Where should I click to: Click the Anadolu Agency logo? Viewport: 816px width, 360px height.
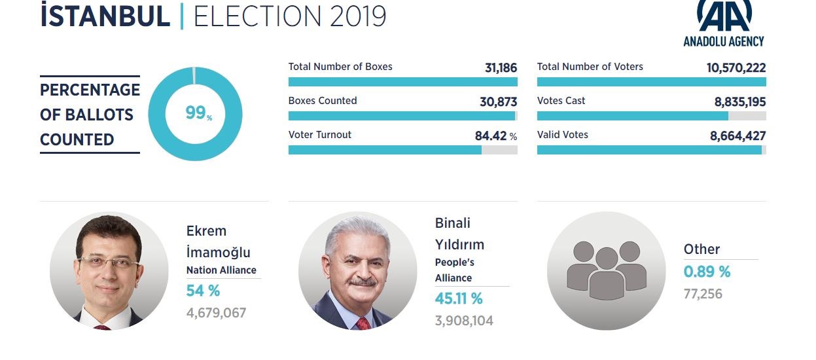tap(724, 23)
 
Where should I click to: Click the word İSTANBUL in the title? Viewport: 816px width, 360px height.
tap(105, 16)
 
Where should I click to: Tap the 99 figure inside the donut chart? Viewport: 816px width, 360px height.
tap(196, 113)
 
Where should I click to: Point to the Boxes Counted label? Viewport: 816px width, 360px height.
tap(323, 101)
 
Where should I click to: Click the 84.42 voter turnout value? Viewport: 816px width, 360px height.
tap(491, 136)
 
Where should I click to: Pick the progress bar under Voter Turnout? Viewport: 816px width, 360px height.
tap(402, 150)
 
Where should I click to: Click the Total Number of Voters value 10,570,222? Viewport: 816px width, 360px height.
tap(736, 67)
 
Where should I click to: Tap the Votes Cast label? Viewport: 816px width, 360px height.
tap(561, 101)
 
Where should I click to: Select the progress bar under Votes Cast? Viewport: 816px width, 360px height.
tap(651, 116)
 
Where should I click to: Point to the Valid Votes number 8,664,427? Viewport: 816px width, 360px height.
tap(737, 136)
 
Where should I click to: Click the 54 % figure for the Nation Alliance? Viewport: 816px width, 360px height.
tap(203, 291)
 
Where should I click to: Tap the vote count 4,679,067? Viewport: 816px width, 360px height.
tap(216, 313)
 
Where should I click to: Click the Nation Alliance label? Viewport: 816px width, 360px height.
tap(221, 270)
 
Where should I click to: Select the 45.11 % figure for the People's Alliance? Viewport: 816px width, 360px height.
tap(459, 299)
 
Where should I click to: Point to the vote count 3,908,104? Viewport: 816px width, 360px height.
tap(464, 321)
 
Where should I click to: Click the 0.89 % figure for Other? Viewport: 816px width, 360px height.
tap(707, 272)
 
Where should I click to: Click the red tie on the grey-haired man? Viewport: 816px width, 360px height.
tap(363, 323)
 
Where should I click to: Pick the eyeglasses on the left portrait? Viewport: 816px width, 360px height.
tap(110, 264)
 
